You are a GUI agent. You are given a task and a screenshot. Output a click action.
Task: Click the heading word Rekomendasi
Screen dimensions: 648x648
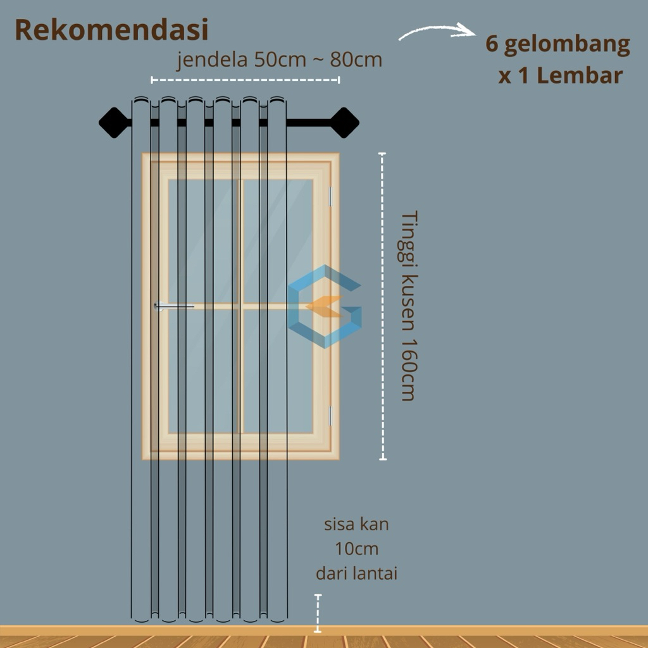[x=111, y=30]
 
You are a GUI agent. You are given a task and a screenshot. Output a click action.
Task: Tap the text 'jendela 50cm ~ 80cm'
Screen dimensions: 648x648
[x=280, y=59]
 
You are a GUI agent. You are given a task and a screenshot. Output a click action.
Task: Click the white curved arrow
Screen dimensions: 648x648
[x=437, y=32]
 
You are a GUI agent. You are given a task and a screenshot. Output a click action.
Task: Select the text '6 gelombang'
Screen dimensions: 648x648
[x=558, y=45]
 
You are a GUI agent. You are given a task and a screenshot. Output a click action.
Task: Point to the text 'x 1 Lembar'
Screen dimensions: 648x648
[x=560, y=76]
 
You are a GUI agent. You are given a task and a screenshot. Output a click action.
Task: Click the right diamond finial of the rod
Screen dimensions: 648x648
[x=345, y=123]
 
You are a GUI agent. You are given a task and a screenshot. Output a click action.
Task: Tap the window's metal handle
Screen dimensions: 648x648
[x=172, y=306]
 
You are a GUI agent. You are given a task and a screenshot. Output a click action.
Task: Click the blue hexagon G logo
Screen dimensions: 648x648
[x=324, y=307]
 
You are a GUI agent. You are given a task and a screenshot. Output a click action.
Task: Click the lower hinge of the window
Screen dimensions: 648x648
[x=330, y=414]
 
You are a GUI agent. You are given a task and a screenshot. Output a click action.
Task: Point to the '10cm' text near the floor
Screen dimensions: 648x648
[x=356, y=548]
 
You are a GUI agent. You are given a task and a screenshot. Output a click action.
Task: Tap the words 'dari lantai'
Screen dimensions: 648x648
[x=356, y=573]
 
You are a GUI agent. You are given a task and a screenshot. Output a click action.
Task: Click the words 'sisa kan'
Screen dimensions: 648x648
[x=356, y=524]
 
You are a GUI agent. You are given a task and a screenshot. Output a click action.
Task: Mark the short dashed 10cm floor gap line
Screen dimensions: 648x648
[x=318, y=613]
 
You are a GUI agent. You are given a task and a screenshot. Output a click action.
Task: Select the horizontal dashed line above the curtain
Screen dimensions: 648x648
[x=246, y=80]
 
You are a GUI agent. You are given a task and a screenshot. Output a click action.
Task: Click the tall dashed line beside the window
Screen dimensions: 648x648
[x=382, y=306]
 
